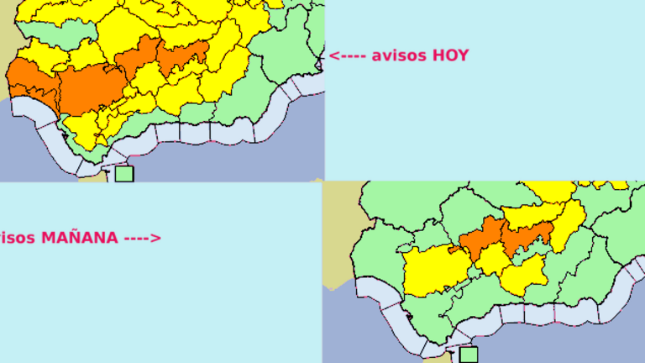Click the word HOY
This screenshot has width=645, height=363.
coord(450,55)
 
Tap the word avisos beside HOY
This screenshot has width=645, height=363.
coord(399,55)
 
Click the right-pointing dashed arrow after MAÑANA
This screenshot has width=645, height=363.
coord(142,238)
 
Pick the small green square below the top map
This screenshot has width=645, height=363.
coord(124,174)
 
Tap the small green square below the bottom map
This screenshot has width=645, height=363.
coord(468,355)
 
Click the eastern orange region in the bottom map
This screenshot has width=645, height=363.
coord(528,237)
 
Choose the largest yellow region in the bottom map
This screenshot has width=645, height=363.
coord(435,270)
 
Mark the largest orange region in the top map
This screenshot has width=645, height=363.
coord(90,87)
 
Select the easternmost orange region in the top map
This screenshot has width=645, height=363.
coord(183,57)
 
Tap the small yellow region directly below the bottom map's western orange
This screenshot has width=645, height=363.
coord(493,260)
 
